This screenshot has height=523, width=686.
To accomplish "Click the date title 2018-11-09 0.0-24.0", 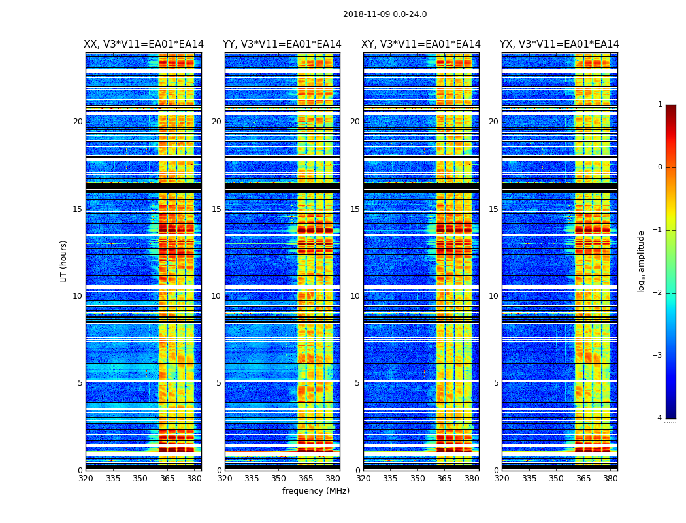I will coord(385,14).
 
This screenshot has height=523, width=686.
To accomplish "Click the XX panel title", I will coord(144,44).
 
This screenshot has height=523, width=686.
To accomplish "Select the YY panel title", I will coord(282,44).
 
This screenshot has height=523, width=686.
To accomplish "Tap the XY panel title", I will coord(421,44).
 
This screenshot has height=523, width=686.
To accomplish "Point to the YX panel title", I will coord(559,44).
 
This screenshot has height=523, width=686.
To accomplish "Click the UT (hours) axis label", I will coord(64,261).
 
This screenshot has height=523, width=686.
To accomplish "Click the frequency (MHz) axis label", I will coord(316,491).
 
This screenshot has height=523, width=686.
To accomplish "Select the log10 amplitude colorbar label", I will coord(642,261).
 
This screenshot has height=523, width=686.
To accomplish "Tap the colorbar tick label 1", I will coord(660,105).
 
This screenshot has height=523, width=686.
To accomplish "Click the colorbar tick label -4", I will coord(658,418).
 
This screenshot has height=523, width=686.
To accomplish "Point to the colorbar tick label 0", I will coord(660,167).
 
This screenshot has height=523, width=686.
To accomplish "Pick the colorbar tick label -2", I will coord(658,293).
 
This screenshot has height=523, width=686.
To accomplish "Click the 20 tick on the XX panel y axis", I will coord(78,122).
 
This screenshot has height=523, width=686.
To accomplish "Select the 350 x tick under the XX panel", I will coord(140,479).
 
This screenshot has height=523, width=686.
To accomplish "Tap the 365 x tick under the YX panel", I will coord(583,479).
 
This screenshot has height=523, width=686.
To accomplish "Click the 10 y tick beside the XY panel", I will coord(355,296).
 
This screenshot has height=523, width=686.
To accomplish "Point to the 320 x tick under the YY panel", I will coord(225,479).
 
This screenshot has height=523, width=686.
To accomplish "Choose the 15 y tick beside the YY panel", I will coord(216,209).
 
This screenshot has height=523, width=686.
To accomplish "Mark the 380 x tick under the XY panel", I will coord(472,479).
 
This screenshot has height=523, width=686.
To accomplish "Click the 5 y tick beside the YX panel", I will coord(496,383).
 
